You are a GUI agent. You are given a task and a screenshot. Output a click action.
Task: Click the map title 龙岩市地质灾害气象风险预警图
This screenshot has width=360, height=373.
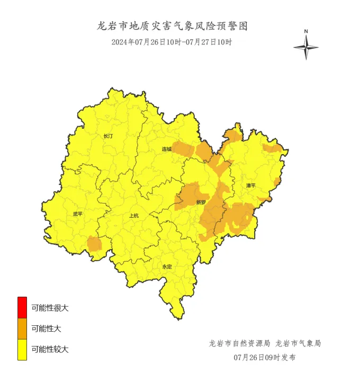point(172,26)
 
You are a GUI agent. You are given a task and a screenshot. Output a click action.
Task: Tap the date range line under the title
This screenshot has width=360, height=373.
point(172,42)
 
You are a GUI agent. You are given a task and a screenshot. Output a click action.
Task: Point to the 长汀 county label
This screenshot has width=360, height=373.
point(108,136)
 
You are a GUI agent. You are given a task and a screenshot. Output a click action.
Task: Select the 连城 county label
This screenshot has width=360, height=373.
point(167,149)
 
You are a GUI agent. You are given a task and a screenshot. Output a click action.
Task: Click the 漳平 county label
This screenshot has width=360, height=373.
point(251,186)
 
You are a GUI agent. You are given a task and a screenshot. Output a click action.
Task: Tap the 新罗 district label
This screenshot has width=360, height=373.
point(201,202)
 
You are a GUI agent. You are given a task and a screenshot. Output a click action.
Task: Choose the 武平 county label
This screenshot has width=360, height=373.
point(78,214)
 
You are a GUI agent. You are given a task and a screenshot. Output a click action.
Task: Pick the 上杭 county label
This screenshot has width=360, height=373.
point(134,216)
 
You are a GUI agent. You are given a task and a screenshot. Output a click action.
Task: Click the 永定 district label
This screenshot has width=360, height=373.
point(167,267)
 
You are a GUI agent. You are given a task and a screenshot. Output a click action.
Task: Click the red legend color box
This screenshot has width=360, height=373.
point(22,307)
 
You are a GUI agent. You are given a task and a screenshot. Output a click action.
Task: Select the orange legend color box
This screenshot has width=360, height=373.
point(22,328)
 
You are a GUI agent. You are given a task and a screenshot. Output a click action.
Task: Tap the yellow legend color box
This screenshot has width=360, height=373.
point(22,350)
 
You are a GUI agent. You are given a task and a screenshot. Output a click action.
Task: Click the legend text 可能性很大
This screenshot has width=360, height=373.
point(50,307)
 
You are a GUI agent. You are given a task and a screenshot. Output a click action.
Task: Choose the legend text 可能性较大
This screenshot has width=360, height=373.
point(50,349)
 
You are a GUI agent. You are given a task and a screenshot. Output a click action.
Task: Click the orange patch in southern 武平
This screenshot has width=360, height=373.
point(94,244)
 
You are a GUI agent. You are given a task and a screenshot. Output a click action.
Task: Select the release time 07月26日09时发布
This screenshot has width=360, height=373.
point(265,358)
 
